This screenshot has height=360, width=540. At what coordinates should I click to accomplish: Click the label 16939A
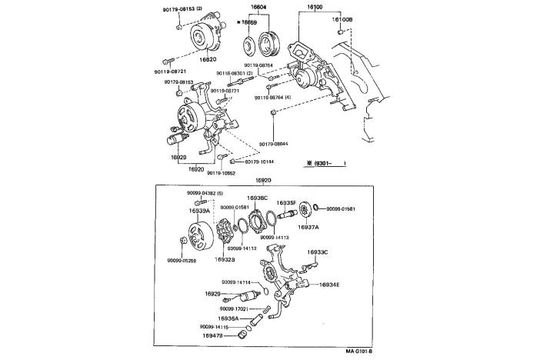coord(200,209)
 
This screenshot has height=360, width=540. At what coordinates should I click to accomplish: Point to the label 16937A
coord(308,227)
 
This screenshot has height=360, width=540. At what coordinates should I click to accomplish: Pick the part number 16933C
coord(318,252)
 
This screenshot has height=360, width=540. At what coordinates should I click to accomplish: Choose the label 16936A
coord(228,318)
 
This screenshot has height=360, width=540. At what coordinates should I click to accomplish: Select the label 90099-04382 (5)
coord(205,192)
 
